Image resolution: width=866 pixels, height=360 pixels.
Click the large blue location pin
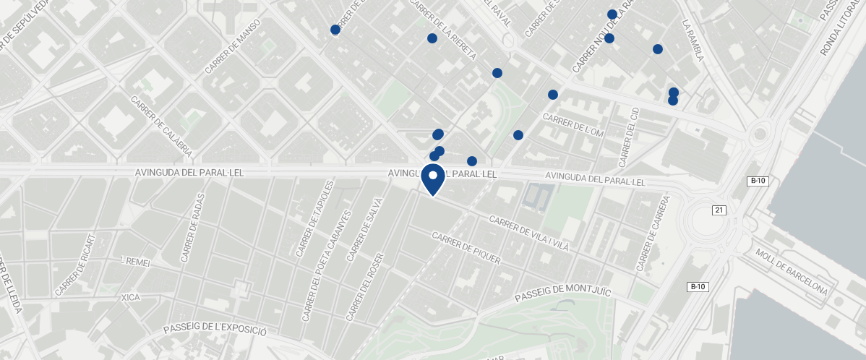pyautogui.click(x=432, y=179)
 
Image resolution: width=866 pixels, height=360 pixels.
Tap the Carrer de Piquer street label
pyautogui.click(x=466, y=249)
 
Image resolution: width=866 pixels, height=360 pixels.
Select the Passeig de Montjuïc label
pyautogui.click(x=563, y=294)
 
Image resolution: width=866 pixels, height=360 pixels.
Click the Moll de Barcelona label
pyautogui.click(x=792, y=273)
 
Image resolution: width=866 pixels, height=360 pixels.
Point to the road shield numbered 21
pyautogui.click(x=719, y=210)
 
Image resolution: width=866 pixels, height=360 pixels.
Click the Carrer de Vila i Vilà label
pyautogui.click(x=530, y=233)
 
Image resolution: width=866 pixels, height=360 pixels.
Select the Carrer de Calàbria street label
pyautogui.click(x=161, y=127)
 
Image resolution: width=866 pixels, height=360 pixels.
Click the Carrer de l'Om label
pyautogui.click(x=573, y=125)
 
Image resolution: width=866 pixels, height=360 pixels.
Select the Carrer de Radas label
pyautogui.click(x=193, y=228)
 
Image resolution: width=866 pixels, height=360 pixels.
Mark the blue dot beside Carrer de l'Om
pyautogui.click(x=518, y=135)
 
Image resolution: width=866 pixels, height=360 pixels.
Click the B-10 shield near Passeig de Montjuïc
pyautogui.click(x=697, y=287)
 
